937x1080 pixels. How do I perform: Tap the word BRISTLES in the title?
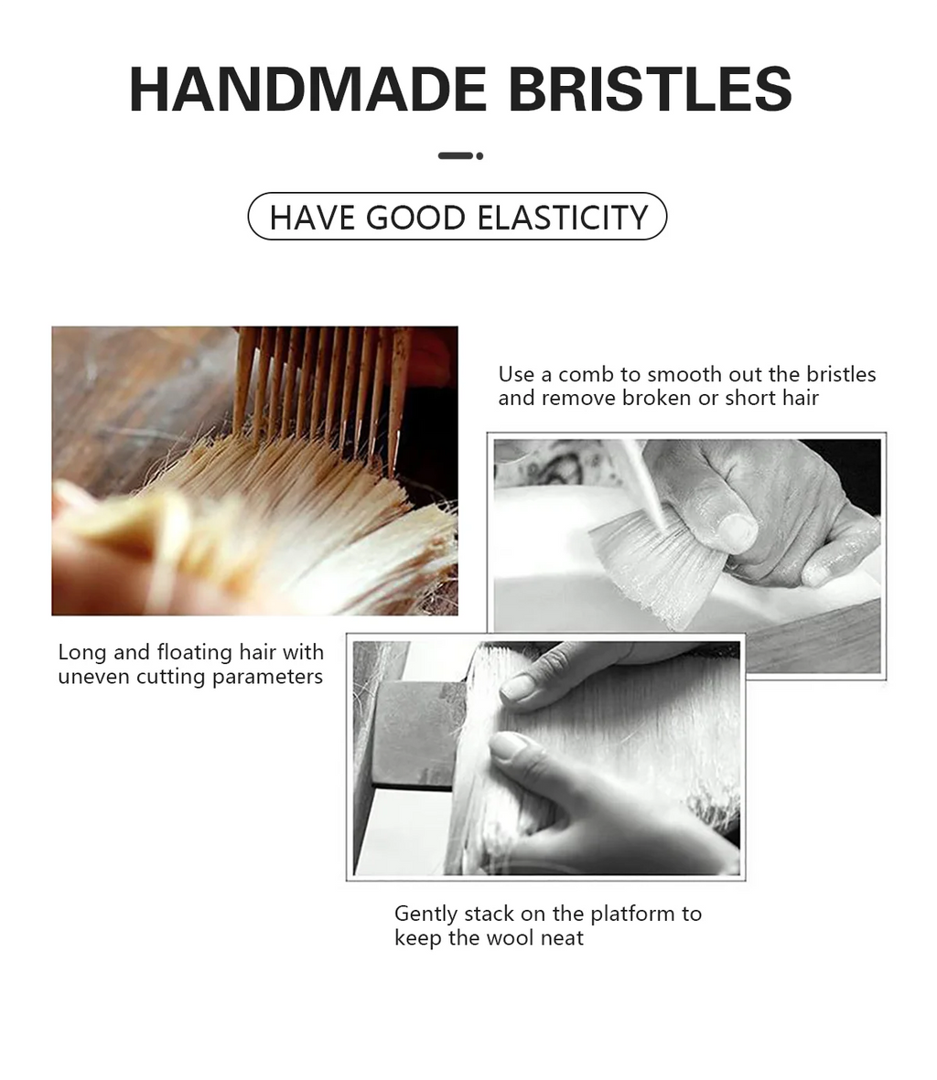(649, 89)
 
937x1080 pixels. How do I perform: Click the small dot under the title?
(479, 156)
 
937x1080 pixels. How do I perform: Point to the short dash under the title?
(455, 156)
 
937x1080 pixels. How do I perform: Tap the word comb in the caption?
(587, 375)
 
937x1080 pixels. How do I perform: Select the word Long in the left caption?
(82, 653)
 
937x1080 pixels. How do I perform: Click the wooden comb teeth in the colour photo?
(320, 384)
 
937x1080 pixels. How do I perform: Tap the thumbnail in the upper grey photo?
(737, 531)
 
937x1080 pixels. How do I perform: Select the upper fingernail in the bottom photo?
(519, 687)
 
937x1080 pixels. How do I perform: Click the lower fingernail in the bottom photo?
(509, 746)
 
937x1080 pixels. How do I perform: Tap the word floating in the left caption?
(194, 653)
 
